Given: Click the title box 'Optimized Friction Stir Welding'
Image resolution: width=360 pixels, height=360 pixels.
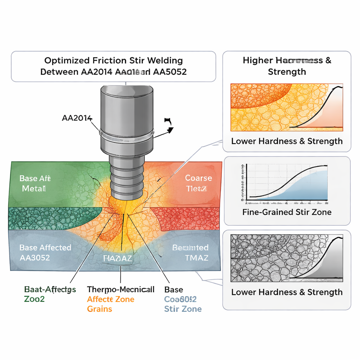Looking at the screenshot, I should (x=113, y=66).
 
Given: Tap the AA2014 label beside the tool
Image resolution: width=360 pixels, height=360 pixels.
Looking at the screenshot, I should (x=77, y=118).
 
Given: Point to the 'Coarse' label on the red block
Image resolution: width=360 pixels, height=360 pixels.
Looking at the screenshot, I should (x=198, y=178).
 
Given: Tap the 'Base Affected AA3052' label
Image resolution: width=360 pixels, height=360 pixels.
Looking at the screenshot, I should (x=45, y=252).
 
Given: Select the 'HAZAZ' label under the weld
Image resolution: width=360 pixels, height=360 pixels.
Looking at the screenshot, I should (x=118, y=258).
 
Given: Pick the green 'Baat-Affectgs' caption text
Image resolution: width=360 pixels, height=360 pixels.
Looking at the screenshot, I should (x=50, y=289).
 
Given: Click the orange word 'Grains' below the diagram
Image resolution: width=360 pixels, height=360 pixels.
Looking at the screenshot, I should (x=99, y=309).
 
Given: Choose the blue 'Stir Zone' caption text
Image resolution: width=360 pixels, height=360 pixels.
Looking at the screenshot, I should (x=183, y=309).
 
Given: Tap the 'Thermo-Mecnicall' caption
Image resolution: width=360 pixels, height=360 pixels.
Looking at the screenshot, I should (x=121, y=289).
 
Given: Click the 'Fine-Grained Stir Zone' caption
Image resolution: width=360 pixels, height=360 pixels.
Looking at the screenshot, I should (x=287, y=212).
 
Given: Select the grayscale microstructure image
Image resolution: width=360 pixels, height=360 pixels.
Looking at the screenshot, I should (x=287, y=258).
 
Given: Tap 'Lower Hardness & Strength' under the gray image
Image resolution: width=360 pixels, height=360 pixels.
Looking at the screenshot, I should (x=287, y=292).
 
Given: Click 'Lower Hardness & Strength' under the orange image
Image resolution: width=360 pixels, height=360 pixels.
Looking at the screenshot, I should (x=287, y=141).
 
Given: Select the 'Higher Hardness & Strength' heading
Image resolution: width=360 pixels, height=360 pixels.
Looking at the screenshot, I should (x=287, y=66).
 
